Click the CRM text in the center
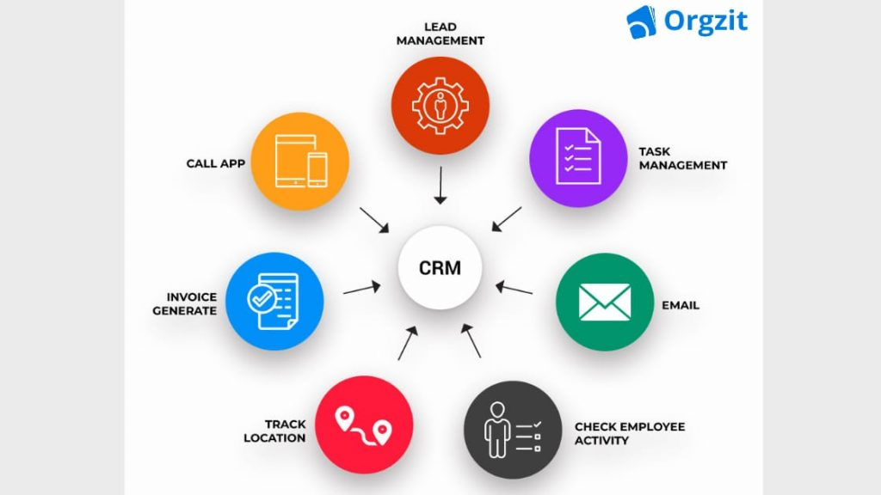pos(440,268)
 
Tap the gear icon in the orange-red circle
pos(440,106)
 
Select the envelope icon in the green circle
pos(605,302)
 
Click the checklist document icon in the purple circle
pos(577,156)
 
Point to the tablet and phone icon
pos(301,161)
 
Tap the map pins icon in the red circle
pos(364,426)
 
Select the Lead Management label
pos(440,34)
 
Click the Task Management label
pos(682,158)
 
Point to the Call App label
pos(216,163)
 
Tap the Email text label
pos(681,305)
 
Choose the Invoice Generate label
pos(185,303)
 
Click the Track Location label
pos(274,431)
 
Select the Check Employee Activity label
pos(629,433)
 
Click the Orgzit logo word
pos(705,21)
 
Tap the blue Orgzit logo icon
pos(641,22)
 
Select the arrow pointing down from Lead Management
pos(440,186)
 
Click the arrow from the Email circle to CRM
pos(514,289)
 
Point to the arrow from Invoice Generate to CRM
pos(362,289)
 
